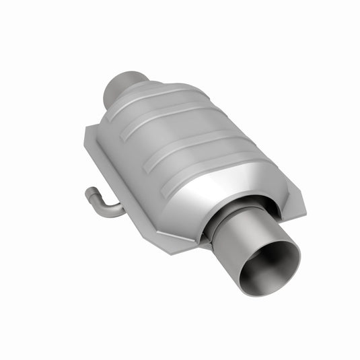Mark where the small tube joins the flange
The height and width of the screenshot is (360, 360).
pos(122,210)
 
